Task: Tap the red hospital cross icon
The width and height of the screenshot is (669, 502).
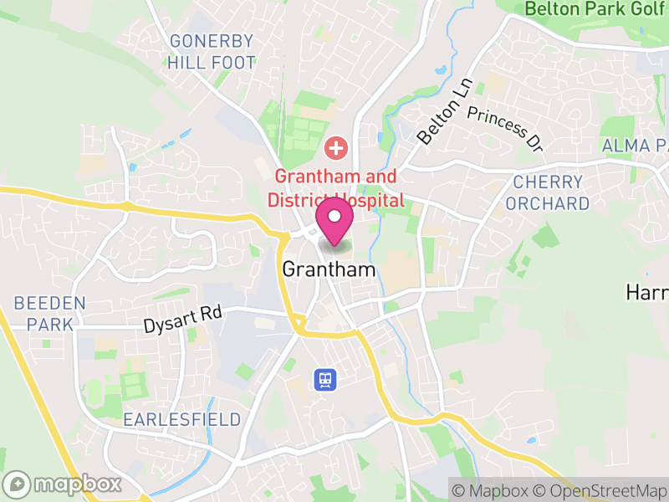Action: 336,150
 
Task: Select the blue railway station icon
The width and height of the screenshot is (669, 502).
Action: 325,381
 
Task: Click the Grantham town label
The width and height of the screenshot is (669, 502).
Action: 329,269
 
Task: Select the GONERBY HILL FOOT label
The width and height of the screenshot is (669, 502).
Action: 211,51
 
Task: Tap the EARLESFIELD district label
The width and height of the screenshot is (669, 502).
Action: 181,419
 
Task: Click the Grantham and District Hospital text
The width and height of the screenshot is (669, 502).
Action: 336,188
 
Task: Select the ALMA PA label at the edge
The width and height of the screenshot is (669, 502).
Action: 636,146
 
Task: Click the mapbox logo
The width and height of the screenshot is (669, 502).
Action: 63,484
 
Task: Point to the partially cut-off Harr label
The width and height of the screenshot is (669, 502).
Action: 648,292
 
